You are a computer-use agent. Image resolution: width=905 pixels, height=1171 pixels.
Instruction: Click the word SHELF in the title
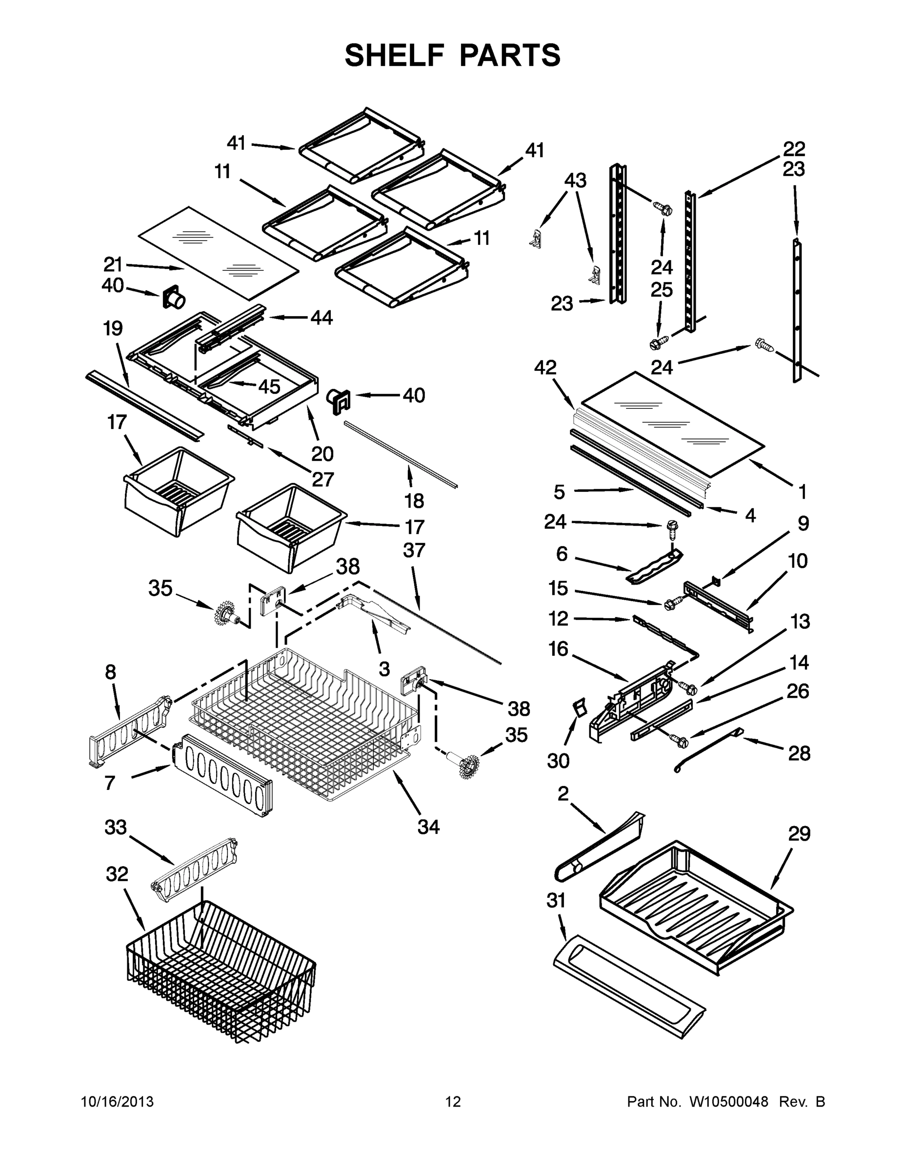pos(395,55)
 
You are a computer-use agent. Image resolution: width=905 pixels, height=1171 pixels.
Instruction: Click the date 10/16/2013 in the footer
pos(117,1102)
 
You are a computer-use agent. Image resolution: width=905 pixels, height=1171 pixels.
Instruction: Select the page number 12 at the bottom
pos(453,1102)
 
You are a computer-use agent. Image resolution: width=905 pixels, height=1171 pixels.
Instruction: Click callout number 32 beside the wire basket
pos(117,874)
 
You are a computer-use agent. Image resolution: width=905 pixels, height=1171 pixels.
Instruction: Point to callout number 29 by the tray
pos(799,834)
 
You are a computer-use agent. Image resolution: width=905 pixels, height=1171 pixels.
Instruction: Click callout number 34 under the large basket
pos(428,827)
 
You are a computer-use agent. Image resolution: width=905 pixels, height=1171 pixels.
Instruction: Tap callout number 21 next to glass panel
pos(113,264)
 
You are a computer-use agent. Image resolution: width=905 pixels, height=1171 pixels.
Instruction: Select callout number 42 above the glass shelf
pos(545,367)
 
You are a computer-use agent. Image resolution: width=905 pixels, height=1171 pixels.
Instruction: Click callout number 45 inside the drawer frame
pos(269,386)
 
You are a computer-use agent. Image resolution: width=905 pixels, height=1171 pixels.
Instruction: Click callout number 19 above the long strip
pos(113,328)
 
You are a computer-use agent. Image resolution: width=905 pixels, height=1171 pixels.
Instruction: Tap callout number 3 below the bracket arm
pos(384,668)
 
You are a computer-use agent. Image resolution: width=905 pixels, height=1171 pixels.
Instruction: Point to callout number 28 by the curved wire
pos(799,753)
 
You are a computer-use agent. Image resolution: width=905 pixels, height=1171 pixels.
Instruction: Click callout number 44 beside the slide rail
pos(322,318)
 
